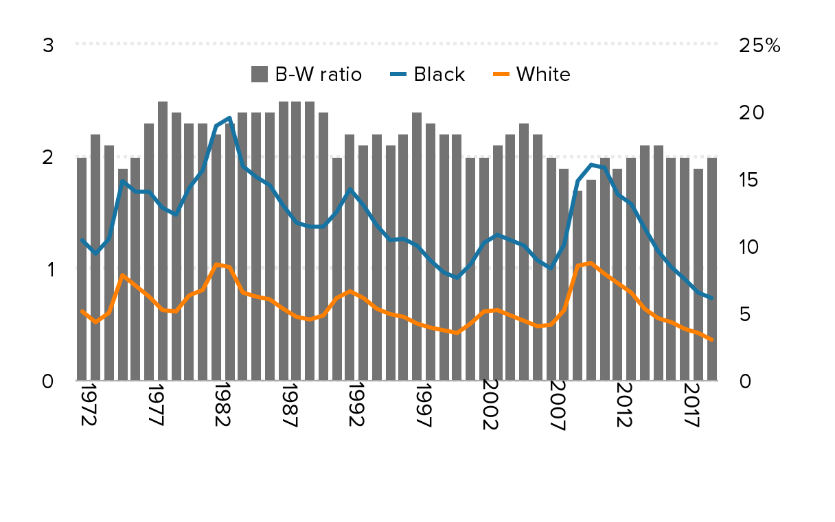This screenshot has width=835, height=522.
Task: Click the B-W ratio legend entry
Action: click(306, 74)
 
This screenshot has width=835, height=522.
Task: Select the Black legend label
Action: click(439, 74)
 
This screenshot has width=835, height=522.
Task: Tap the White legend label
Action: click(542, 74)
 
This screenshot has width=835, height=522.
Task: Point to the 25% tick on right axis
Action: click(759, 46)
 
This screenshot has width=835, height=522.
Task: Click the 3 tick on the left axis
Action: click(48, 46)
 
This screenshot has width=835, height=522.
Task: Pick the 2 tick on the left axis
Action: click(48, 158)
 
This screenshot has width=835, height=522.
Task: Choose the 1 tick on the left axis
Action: click(49, 270)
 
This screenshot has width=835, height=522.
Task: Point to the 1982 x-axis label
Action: click(221, 408)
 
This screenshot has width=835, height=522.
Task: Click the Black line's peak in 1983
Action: click(229, 119)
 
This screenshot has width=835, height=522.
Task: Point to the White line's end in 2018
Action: click(711, 340)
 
